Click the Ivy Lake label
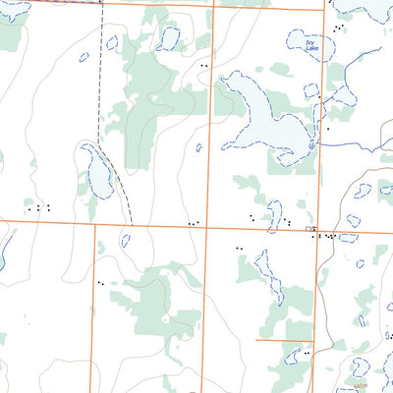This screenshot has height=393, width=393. tap(309, 46)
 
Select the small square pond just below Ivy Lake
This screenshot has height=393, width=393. tap(310, 90)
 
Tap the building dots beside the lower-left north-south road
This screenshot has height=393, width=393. tap(100, 283)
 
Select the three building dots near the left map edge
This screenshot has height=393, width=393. tap(40, 207)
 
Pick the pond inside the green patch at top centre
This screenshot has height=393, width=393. tap(169, 38)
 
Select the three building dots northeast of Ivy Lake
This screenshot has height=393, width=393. tap(338, 28)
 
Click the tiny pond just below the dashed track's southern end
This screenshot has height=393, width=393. tap(125, 240)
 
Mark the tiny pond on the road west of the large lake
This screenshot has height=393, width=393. tap(198, 148)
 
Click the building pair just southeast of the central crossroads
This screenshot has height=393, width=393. tap(239, 249)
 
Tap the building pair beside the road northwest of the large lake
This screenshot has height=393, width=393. tap(203, 65)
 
